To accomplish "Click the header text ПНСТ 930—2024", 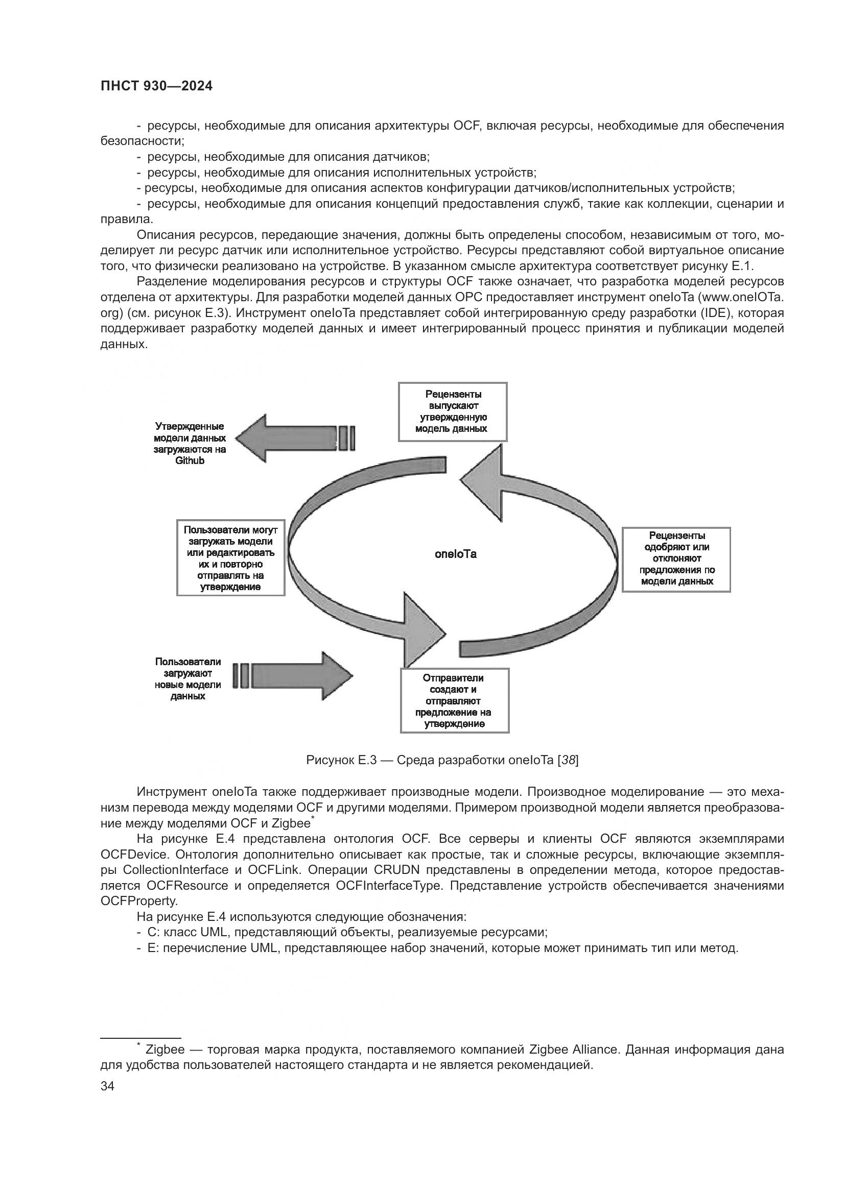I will click(x=157, y=86).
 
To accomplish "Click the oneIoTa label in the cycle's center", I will click(x=455, y=554).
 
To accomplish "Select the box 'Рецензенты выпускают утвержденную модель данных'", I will click(x=452, y=411).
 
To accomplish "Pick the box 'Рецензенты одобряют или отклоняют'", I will click(x=676, y=559).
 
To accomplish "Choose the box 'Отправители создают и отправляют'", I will click(x=454, y=700).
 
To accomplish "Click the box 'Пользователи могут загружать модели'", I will click(x=230, y=557).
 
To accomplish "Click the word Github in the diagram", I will click(x=190, y=461).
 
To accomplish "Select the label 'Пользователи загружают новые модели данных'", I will click(x=188, y=678).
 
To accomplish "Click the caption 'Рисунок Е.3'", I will click(x=341, y=760).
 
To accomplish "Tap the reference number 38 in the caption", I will click(x=568, y=760).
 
